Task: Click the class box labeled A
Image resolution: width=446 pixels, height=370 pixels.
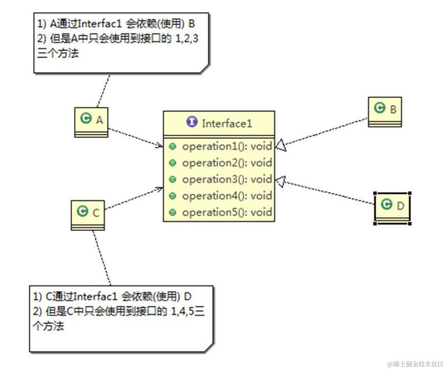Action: [91, 122]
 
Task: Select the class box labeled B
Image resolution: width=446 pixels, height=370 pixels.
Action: [385, 111]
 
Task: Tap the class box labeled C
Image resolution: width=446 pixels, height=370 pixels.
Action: [88, 215]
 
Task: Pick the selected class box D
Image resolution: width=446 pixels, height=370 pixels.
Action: [392, 208]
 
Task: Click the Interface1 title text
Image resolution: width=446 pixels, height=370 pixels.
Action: [227, 124]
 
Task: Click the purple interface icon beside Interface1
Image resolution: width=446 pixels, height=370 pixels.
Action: [192, 122]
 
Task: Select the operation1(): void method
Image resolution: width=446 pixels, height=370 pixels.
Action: [227, 146]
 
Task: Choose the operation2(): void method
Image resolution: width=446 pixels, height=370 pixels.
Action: [227, 163]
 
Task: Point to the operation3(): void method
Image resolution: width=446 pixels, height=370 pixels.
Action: [227, 179]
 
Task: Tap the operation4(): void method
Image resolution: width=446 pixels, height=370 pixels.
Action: [227, 196]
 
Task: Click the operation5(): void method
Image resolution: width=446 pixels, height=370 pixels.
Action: [227, 212]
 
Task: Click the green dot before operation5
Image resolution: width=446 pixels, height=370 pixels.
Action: [173, 213]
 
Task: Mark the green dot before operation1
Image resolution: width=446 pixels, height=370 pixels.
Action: [173, 146]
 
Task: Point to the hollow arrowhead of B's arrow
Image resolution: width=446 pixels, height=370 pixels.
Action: [281, 145]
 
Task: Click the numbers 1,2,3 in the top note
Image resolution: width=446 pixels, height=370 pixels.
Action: [187, 38]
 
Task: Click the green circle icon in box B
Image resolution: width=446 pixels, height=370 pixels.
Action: [380, 108]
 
